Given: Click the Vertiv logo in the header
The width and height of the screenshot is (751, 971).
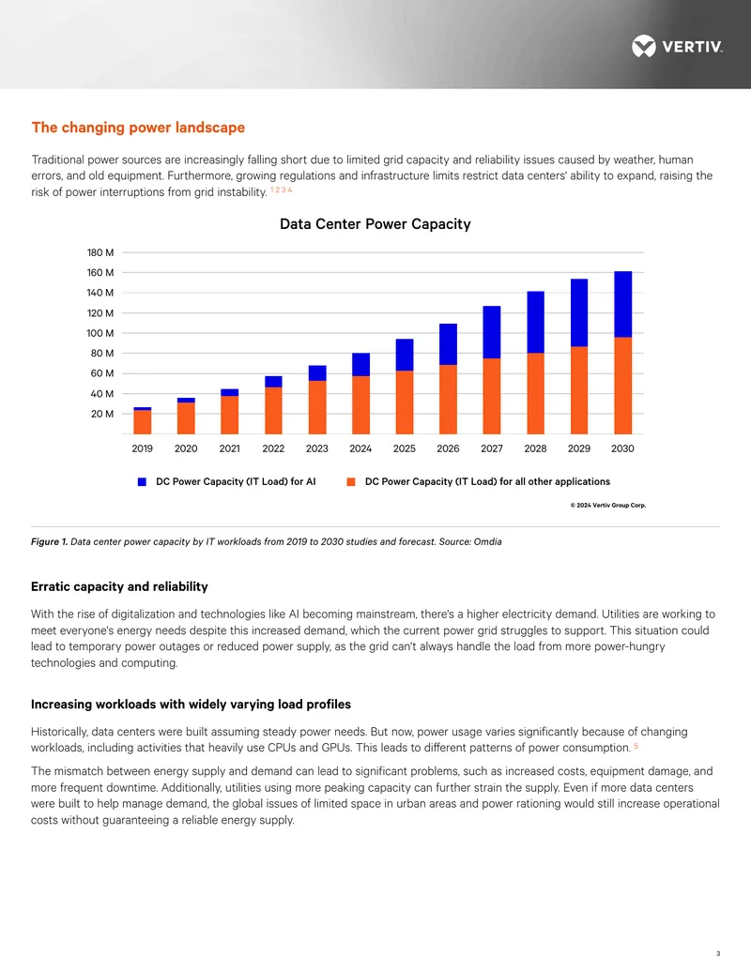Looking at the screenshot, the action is point(677,47).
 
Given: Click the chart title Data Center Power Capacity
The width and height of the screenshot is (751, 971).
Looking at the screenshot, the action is point(375,223).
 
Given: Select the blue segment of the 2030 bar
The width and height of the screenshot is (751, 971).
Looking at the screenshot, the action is point(622,304).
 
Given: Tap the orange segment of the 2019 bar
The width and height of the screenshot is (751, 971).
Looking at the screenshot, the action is point(143,422).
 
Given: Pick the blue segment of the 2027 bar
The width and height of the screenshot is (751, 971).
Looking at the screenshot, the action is point(492,332).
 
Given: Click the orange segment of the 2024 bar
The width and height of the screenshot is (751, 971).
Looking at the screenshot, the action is point(360,405).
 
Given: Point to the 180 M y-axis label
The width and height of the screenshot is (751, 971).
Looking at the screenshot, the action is point(100,252).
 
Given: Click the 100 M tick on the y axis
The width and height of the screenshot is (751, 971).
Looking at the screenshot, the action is point(100,333).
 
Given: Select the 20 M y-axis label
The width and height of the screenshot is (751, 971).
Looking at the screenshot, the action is point(102,414).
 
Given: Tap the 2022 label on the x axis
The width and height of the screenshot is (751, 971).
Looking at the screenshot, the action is point(273,448).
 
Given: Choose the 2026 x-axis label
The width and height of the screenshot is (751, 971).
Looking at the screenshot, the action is point(448,448).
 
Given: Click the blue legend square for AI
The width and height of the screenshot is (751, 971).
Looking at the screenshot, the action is point(142,482).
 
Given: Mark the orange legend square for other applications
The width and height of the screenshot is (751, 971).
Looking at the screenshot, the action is point(351,482).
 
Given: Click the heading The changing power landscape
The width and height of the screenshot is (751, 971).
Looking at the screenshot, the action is point(138,128).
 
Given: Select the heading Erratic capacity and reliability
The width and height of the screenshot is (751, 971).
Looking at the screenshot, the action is point(119,586).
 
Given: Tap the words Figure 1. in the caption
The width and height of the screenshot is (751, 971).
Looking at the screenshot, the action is point(49,542).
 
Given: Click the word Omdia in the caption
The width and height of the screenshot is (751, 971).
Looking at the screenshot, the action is point(487,542).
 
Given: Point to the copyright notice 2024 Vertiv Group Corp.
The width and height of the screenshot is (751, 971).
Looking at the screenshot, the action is point(608,506).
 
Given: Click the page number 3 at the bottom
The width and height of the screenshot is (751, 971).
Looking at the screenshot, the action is point(718,954).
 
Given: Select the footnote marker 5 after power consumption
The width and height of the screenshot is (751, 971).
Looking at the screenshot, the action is point(636,746).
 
